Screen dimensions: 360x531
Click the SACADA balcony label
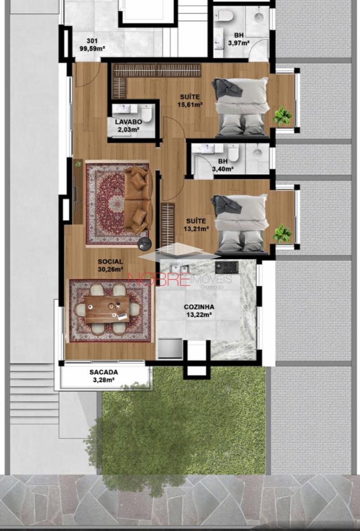[104, 372]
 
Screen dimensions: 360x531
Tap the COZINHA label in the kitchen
[199, 307]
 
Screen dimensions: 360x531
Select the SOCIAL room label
[110, 261]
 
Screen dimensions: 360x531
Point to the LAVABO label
[127, 122]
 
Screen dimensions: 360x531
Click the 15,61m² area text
[190, 105]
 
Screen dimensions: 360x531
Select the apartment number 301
[92, 41]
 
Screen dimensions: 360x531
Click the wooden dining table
[107, 310]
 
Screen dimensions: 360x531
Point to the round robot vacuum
[145, 244]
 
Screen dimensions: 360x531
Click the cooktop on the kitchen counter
[227, 268]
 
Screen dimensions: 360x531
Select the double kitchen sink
[180, 269]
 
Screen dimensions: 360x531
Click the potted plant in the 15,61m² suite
[282, 116]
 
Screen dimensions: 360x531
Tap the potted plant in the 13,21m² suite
[282, 234]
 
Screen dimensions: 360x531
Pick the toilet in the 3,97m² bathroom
[225, 15]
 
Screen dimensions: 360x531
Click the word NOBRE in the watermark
[159, 280]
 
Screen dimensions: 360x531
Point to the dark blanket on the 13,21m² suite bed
[226, 205]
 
